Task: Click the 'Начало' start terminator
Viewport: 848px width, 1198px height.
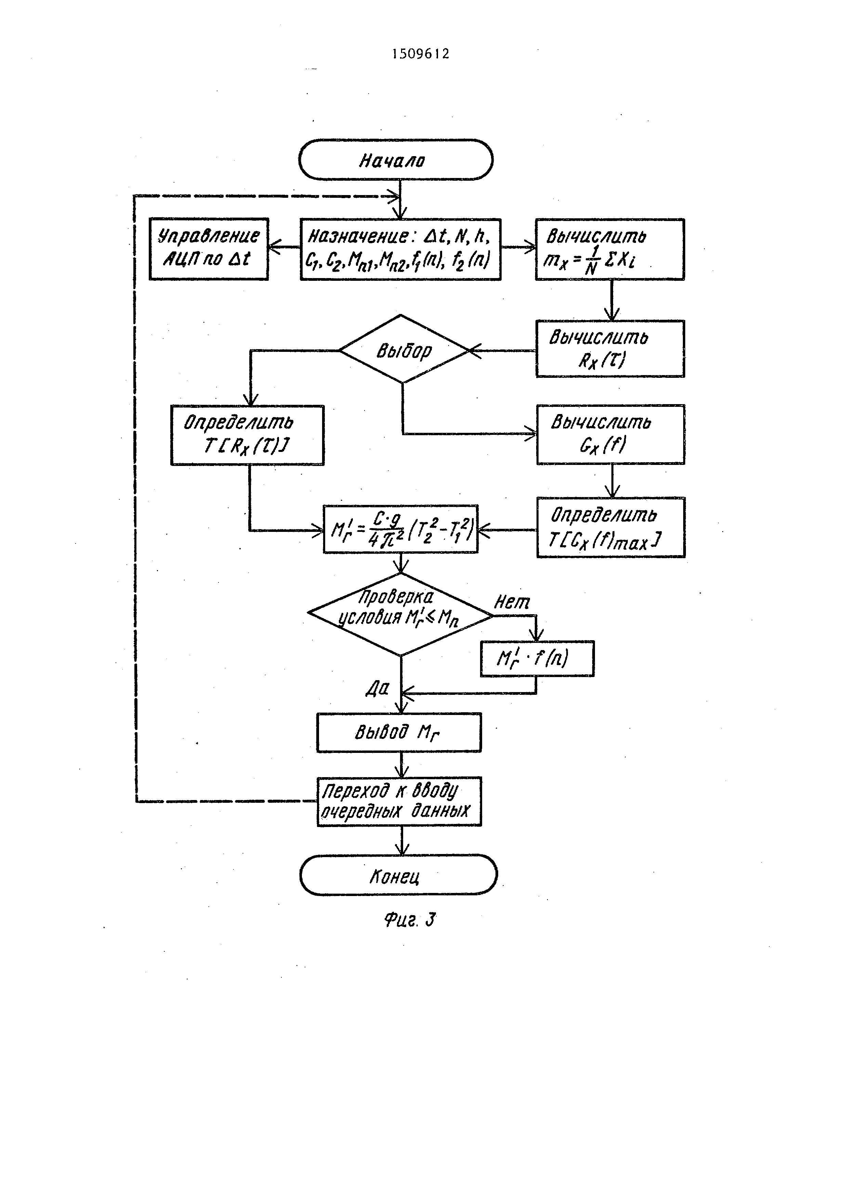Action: pos(396,160)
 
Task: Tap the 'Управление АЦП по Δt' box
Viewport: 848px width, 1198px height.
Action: pos(209,249)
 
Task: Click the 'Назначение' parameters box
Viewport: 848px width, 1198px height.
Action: pos(400,249)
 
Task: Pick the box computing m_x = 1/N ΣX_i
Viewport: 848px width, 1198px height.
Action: pos(610,249)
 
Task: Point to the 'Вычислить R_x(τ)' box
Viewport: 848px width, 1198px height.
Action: pos(610,348)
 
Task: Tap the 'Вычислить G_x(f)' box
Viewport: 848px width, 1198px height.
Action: pos(610,435)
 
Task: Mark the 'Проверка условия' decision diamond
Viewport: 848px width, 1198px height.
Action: pos(400,615)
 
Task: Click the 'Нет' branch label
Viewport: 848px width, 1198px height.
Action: pos(512,603)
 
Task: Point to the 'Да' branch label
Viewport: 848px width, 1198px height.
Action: pos(377,689)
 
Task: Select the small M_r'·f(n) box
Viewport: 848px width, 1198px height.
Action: pos(537,659)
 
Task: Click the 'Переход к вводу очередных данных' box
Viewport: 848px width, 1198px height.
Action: pos(399,801)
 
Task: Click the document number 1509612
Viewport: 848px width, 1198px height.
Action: pos(421,54)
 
